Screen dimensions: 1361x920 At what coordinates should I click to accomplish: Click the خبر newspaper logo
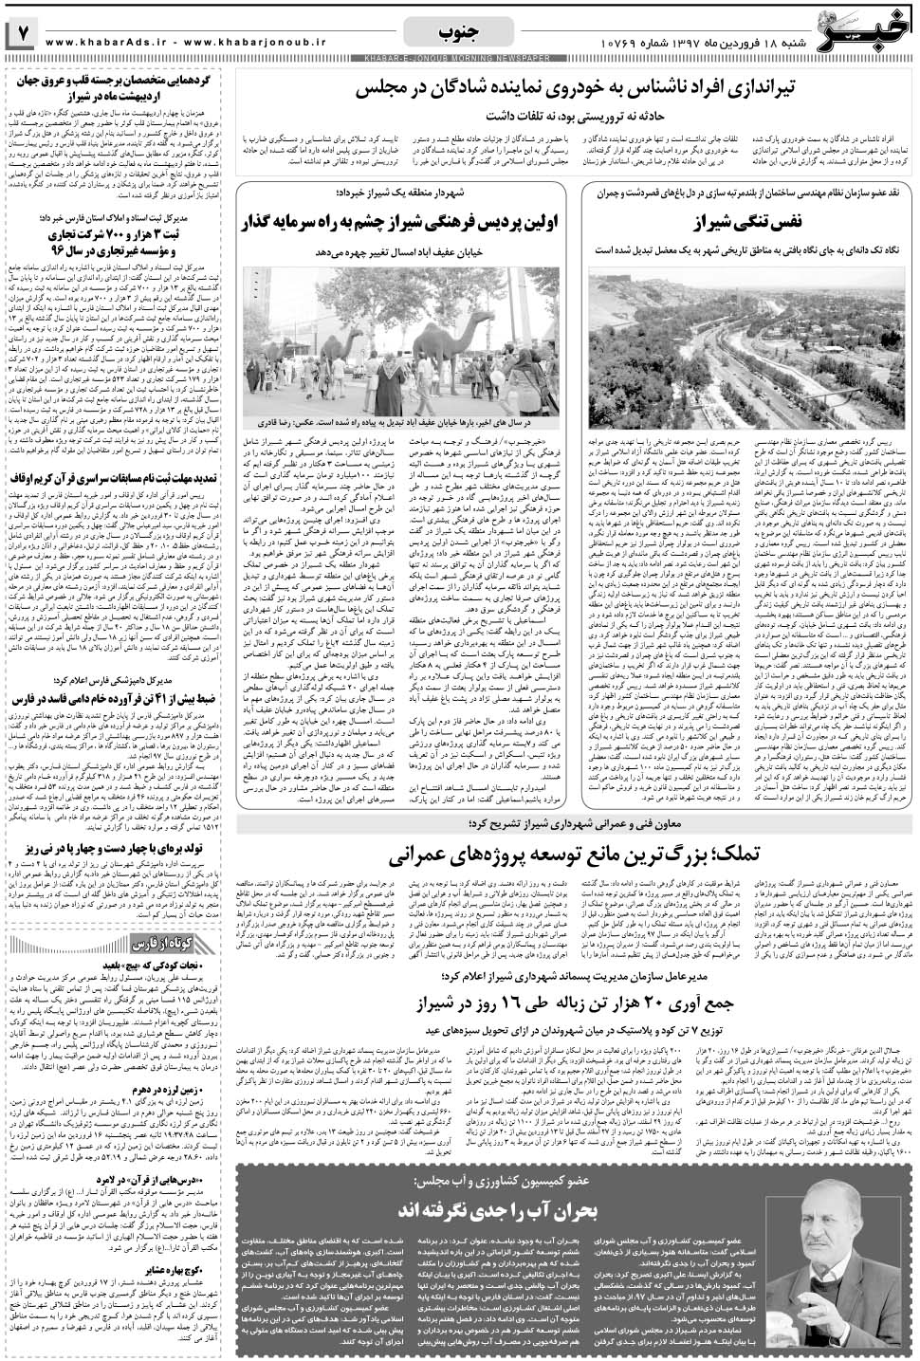pos(859,28)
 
